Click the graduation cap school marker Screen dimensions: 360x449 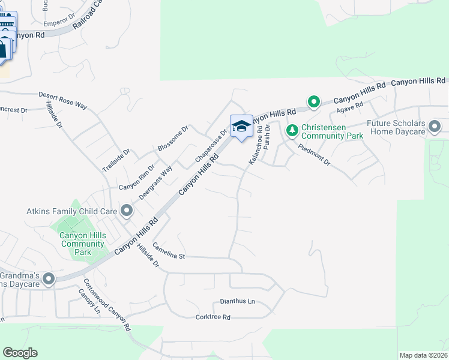tap(241, 126)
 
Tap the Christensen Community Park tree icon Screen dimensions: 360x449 tap(292, 130)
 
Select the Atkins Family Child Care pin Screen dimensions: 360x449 tap(127, 211)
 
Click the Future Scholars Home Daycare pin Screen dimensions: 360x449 tap(435, 127)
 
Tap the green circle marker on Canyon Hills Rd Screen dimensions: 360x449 tap(313, 102)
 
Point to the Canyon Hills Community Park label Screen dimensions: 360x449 tap(83, 244)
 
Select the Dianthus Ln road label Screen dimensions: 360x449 tap(237, 302)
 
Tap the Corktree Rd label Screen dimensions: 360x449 tap(213, 317)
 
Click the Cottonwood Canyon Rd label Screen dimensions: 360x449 tap(107, 306)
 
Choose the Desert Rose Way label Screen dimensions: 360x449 tap(63, 100)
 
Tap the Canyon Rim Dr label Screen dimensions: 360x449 tap(136, 179)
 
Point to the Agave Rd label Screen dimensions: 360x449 tap(350, 106)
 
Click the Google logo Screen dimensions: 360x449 tap(20, 353)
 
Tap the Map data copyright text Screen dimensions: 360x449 tap(423, 355)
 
